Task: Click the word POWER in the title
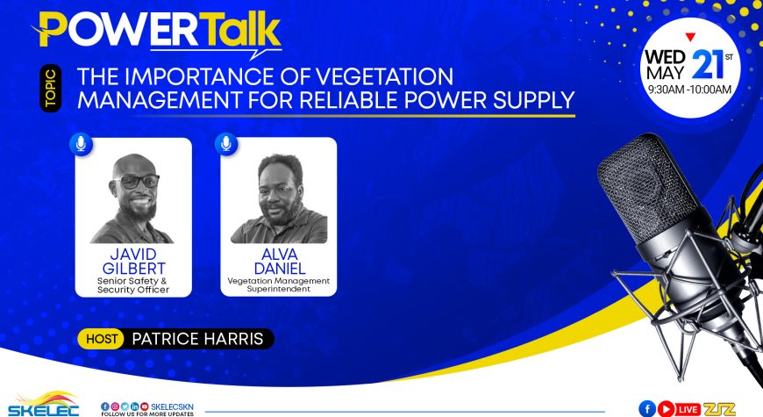(x=118, y=29)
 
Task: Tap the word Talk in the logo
(x=240, y=29)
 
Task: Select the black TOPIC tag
(x=51, y=88)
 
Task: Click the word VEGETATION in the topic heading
(x=384, y=77)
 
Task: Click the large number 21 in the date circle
(x=708, y=64)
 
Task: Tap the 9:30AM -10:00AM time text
(x=689, y=90)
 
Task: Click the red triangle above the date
(x=690, y=37)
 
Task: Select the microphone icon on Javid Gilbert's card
(x=81, y=144)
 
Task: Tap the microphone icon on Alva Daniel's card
(x=225, y=144)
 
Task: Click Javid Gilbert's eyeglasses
(x=136, y=182)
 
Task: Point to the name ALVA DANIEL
(x=279, y=261)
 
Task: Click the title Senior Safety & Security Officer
(x=132, y=285)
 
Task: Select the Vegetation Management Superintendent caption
(x=278, y=285)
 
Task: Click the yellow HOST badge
(x=101, y=339)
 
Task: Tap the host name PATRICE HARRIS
(x=197, y=339)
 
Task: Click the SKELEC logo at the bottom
(x=43, y=405)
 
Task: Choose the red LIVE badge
(x=688, y=409)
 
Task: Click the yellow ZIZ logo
(x=719, y=409)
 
